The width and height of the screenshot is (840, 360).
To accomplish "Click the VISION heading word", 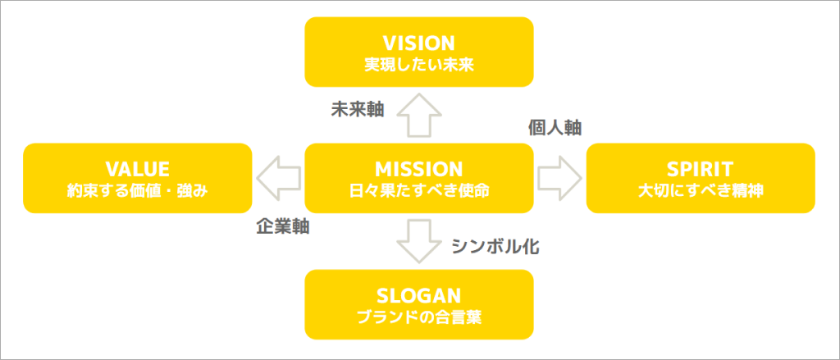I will (x=419, y=43).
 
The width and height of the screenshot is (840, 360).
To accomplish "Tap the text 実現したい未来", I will (x=419, y=63).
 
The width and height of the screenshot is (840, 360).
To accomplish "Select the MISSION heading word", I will (x=419, y=169).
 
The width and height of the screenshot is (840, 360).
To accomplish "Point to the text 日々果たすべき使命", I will (x=419, y=190).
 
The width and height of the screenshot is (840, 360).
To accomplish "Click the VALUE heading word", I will (x=138, y=169).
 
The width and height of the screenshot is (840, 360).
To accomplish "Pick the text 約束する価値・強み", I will (x=138, y=190).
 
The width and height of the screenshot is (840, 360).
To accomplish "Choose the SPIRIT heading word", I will (x=700, y=169).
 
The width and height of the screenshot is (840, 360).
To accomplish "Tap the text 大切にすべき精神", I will (x=700, y=190).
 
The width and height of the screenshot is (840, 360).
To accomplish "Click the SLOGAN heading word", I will (x=419, y=294).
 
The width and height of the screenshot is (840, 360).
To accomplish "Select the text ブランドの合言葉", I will (x=419, y=316).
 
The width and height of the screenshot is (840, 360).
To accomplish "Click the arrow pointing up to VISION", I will (x=418, y=115).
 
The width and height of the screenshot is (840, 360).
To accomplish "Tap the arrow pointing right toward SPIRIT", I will (x=559, y=177).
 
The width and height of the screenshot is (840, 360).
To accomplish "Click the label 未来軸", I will (x=357, y=108).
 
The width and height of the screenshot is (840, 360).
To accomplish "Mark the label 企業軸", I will (x=282, y=227).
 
